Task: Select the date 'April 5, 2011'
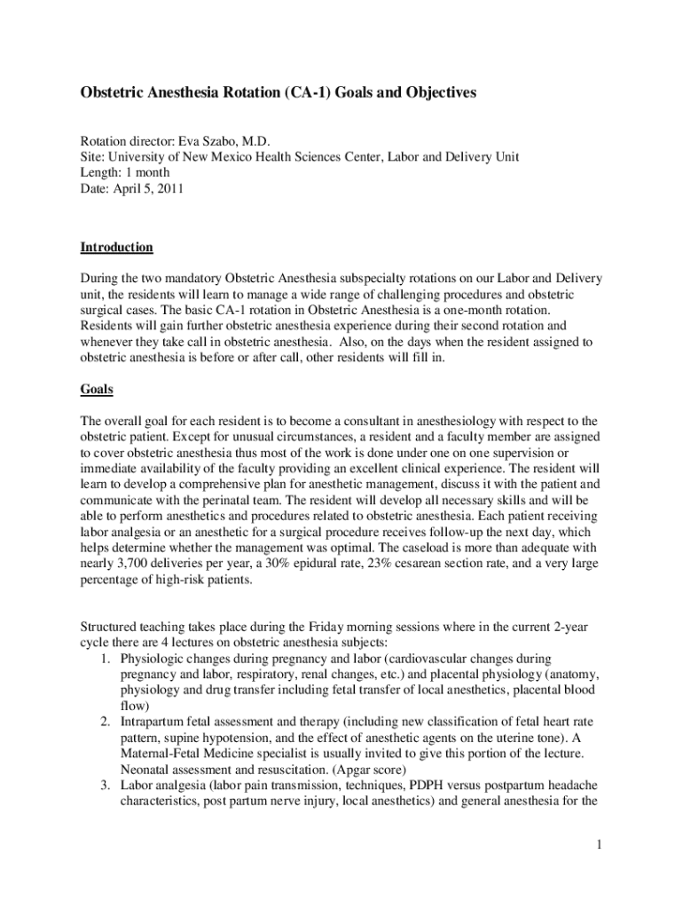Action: coord(150,188)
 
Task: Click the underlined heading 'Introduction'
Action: coord(116,247)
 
